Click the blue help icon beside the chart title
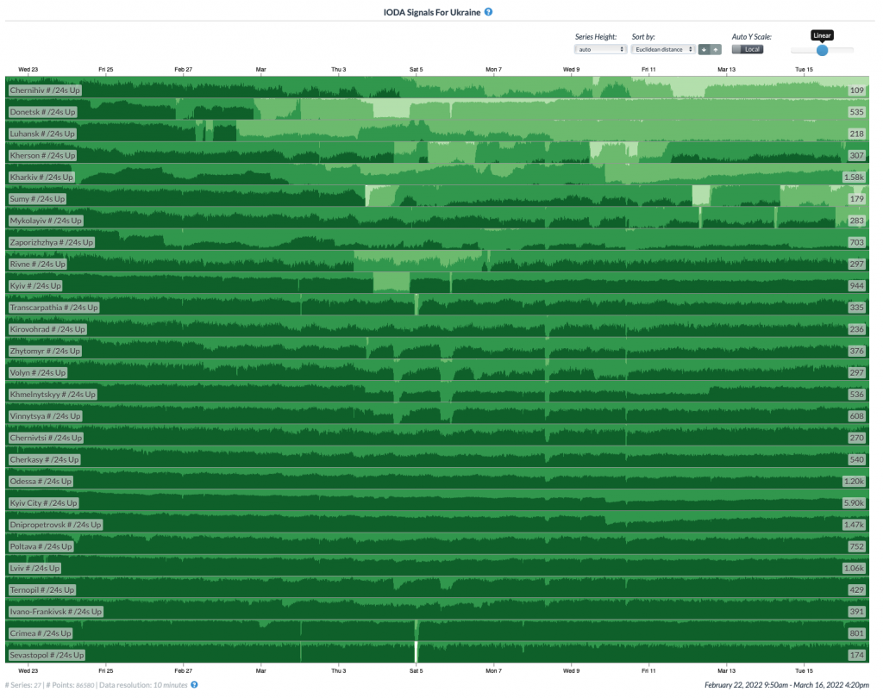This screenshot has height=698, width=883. point(489,12)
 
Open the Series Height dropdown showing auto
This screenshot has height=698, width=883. point(600,49)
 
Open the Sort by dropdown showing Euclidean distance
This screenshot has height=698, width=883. point(662,49)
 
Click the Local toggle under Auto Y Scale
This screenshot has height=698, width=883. point(747,49)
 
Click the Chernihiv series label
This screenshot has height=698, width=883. point(42,90)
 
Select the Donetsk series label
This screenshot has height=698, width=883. point(42,112)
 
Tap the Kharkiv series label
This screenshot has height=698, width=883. point(42,178)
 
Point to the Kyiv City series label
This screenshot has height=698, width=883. point(43,503)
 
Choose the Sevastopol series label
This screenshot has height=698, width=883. point(47,655)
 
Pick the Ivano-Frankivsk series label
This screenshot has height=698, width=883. point(55,612)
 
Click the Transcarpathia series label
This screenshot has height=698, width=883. point(53,308)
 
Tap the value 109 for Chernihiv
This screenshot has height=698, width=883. point(856,90)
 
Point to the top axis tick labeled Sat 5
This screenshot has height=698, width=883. point(416,69)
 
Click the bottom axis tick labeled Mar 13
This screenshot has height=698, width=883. point(726,670)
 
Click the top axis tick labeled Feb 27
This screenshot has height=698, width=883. point(183,69)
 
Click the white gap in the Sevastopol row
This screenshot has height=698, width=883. point(416,652)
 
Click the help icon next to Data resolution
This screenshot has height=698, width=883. point(194,685)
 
